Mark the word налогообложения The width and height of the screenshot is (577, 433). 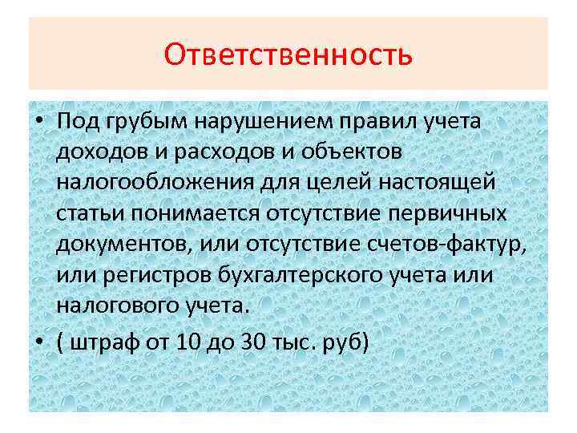(x=156, y=184)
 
